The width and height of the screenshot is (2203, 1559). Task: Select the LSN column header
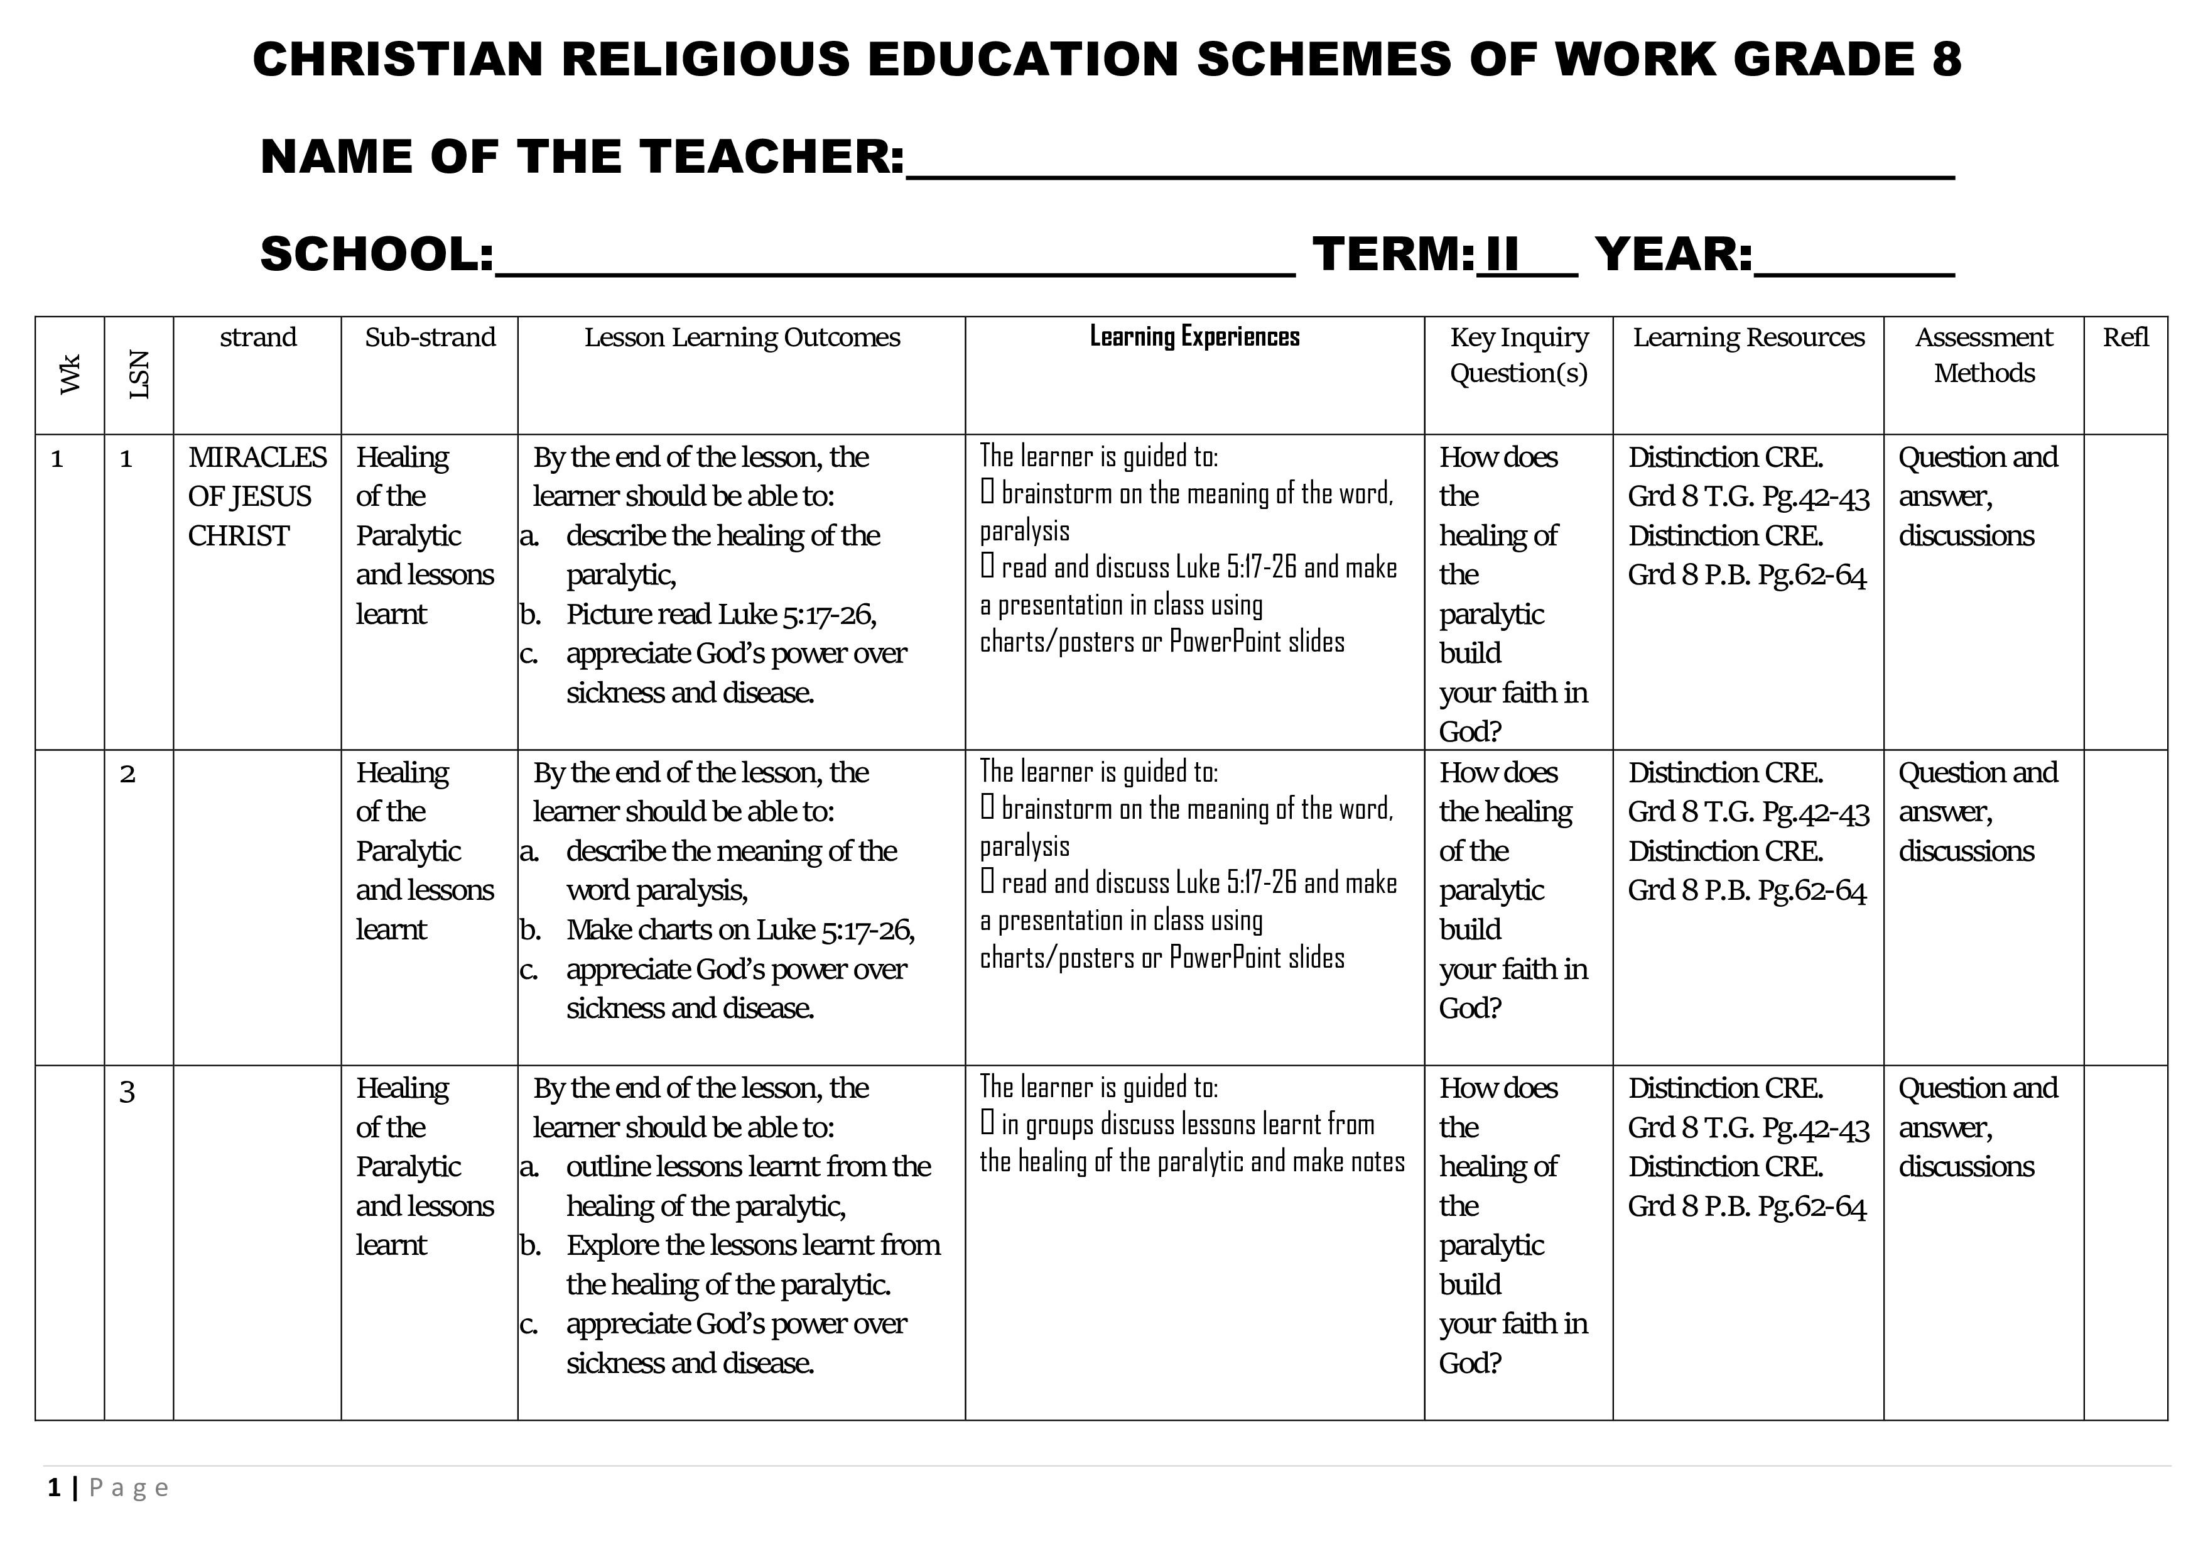coord(139,375)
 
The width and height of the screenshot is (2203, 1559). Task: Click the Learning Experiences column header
coord(1194,337)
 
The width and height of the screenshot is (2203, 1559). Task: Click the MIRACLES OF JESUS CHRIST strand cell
coord(257,496)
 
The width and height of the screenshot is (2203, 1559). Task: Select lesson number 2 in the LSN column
coord(127,774)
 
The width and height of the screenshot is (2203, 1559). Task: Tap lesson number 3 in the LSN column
coord(127,1091)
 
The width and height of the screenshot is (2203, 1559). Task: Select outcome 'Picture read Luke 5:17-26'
coord(720,615)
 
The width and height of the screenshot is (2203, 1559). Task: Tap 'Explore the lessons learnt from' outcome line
coord(753,1245)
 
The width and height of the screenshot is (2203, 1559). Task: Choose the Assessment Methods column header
coord(1983,354)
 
